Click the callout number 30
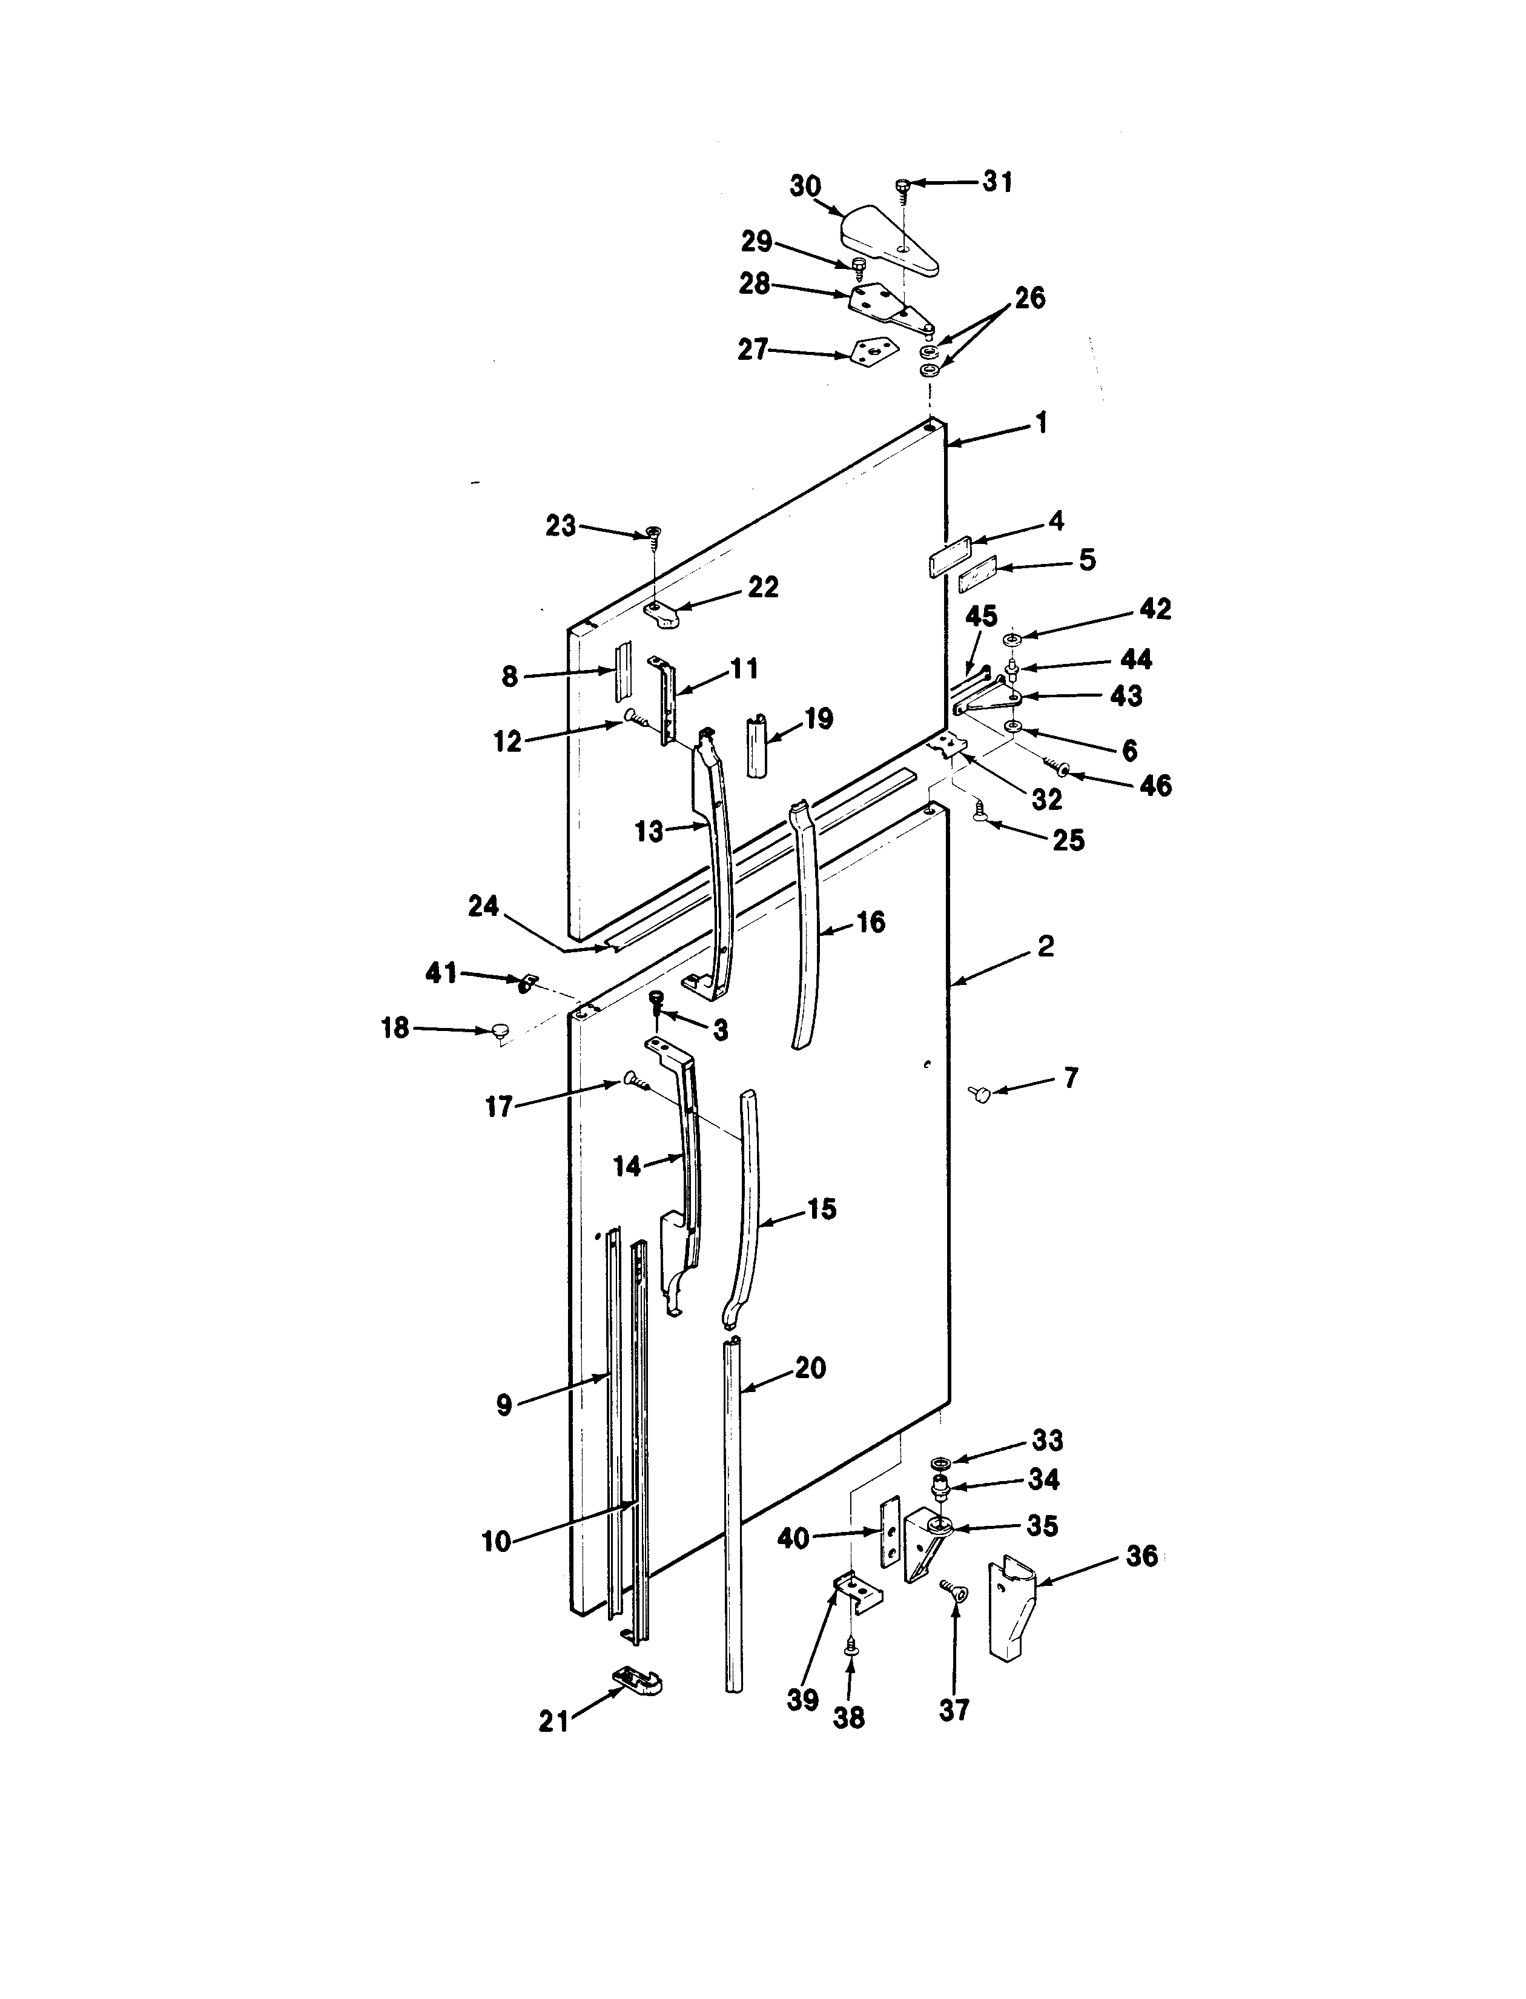click(805, 187)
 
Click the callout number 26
click(1029, 298)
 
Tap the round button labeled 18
click(499, 1030)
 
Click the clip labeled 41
click(526, 983)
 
